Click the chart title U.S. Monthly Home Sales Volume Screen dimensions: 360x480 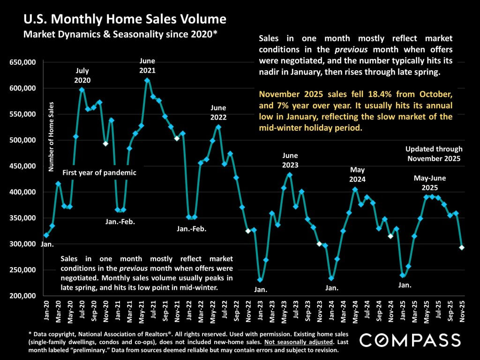click(125, 19)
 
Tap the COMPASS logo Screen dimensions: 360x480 click(410, 339)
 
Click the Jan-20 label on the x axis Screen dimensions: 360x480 click(46, 311)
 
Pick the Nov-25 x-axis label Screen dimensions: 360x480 click(462, 311)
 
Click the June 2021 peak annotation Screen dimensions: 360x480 click(148, 66)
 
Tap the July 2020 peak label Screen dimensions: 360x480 click(82, 75)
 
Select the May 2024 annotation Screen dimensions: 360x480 click(357, 174)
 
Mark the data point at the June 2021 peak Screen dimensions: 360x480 click(147, 80)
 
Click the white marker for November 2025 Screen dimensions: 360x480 click(462, 247)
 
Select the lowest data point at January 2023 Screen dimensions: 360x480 click(260, 280)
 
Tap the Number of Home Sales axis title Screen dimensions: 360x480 click(52, 136)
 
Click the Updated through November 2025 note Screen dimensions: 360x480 click(434, 154)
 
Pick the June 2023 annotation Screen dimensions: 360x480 click(290, 160)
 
